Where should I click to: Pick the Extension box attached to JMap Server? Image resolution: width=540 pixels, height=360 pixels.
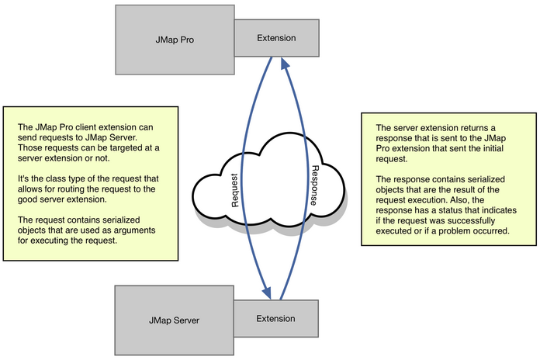pos(275,318)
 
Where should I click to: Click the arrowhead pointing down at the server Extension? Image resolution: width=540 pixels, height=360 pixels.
pos(266,293)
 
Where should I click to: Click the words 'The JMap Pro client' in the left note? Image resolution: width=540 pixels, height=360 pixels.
pos(61,126)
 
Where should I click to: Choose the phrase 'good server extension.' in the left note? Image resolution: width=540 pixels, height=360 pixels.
pos(66,200)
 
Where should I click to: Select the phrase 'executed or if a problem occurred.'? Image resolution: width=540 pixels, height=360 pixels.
pos(445,231)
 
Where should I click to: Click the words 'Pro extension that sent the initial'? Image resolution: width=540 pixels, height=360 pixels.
pos(446,148)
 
